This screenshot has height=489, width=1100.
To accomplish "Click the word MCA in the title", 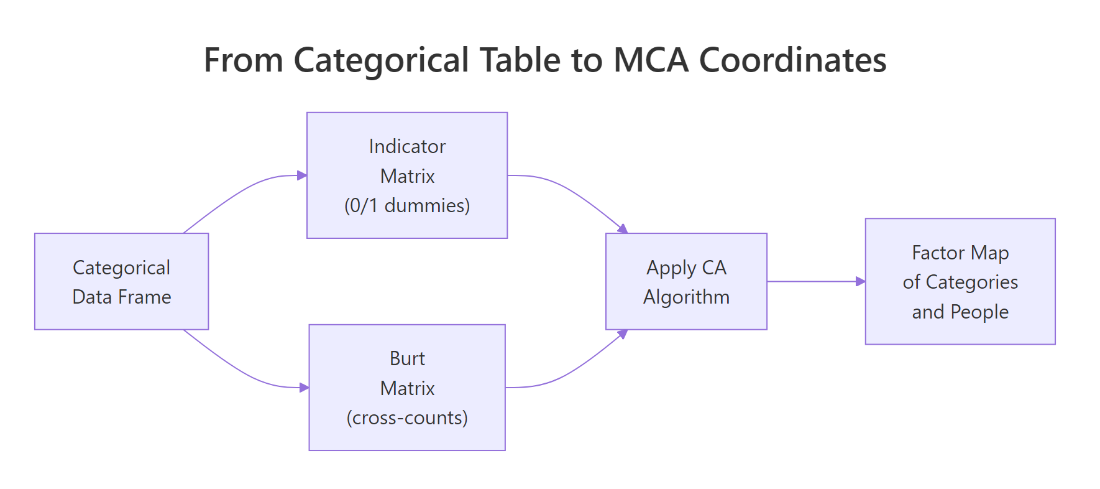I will point(651,60).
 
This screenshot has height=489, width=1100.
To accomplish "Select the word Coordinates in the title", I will point(792,60).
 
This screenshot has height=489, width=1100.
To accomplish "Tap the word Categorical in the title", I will point(380,60).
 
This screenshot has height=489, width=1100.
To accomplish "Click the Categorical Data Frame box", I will point(121,281).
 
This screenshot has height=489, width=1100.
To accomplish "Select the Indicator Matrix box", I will point(407,175).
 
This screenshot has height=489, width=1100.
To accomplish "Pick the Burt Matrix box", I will point(407,387).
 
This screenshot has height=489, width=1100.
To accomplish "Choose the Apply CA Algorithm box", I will point(686,281).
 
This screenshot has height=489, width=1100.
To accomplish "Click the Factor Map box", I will point(960,281).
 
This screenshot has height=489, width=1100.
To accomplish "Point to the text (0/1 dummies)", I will point(407,205).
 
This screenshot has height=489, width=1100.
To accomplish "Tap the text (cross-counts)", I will point(407,417).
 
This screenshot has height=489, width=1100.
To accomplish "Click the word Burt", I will point(407,358).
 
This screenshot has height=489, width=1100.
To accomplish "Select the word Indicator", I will point(407,146).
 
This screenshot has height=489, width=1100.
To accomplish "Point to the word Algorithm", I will point(686,297).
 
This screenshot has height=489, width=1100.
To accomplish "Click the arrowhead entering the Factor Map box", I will point(861,281).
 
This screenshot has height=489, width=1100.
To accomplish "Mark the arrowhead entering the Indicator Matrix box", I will point(302,175).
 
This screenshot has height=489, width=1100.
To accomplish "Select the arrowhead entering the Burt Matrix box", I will point(305,388).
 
